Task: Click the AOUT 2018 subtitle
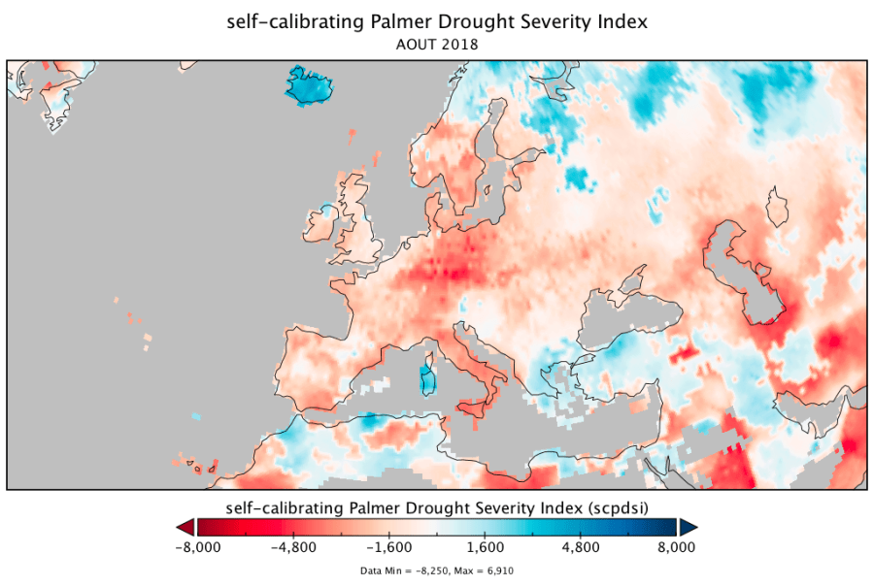click(x=436, y=44)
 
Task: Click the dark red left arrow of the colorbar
click(x=185, y=527)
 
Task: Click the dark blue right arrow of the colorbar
click(x=689, y=527)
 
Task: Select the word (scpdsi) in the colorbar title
click(x=617, y=507)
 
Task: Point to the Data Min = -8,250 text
click(x=404, y=571)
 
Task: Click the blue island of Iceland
click(x=310, y=85)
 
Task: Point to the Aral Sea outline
click(x=777, y=206)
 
